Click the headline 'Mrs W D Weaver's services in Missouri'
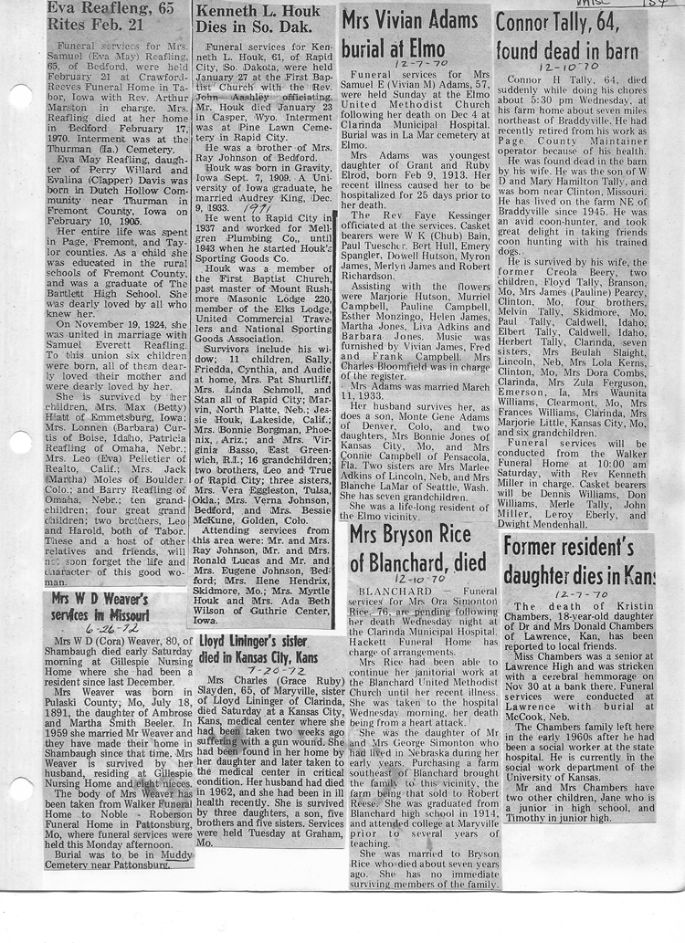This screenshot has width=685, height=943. tap(101, 607)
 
